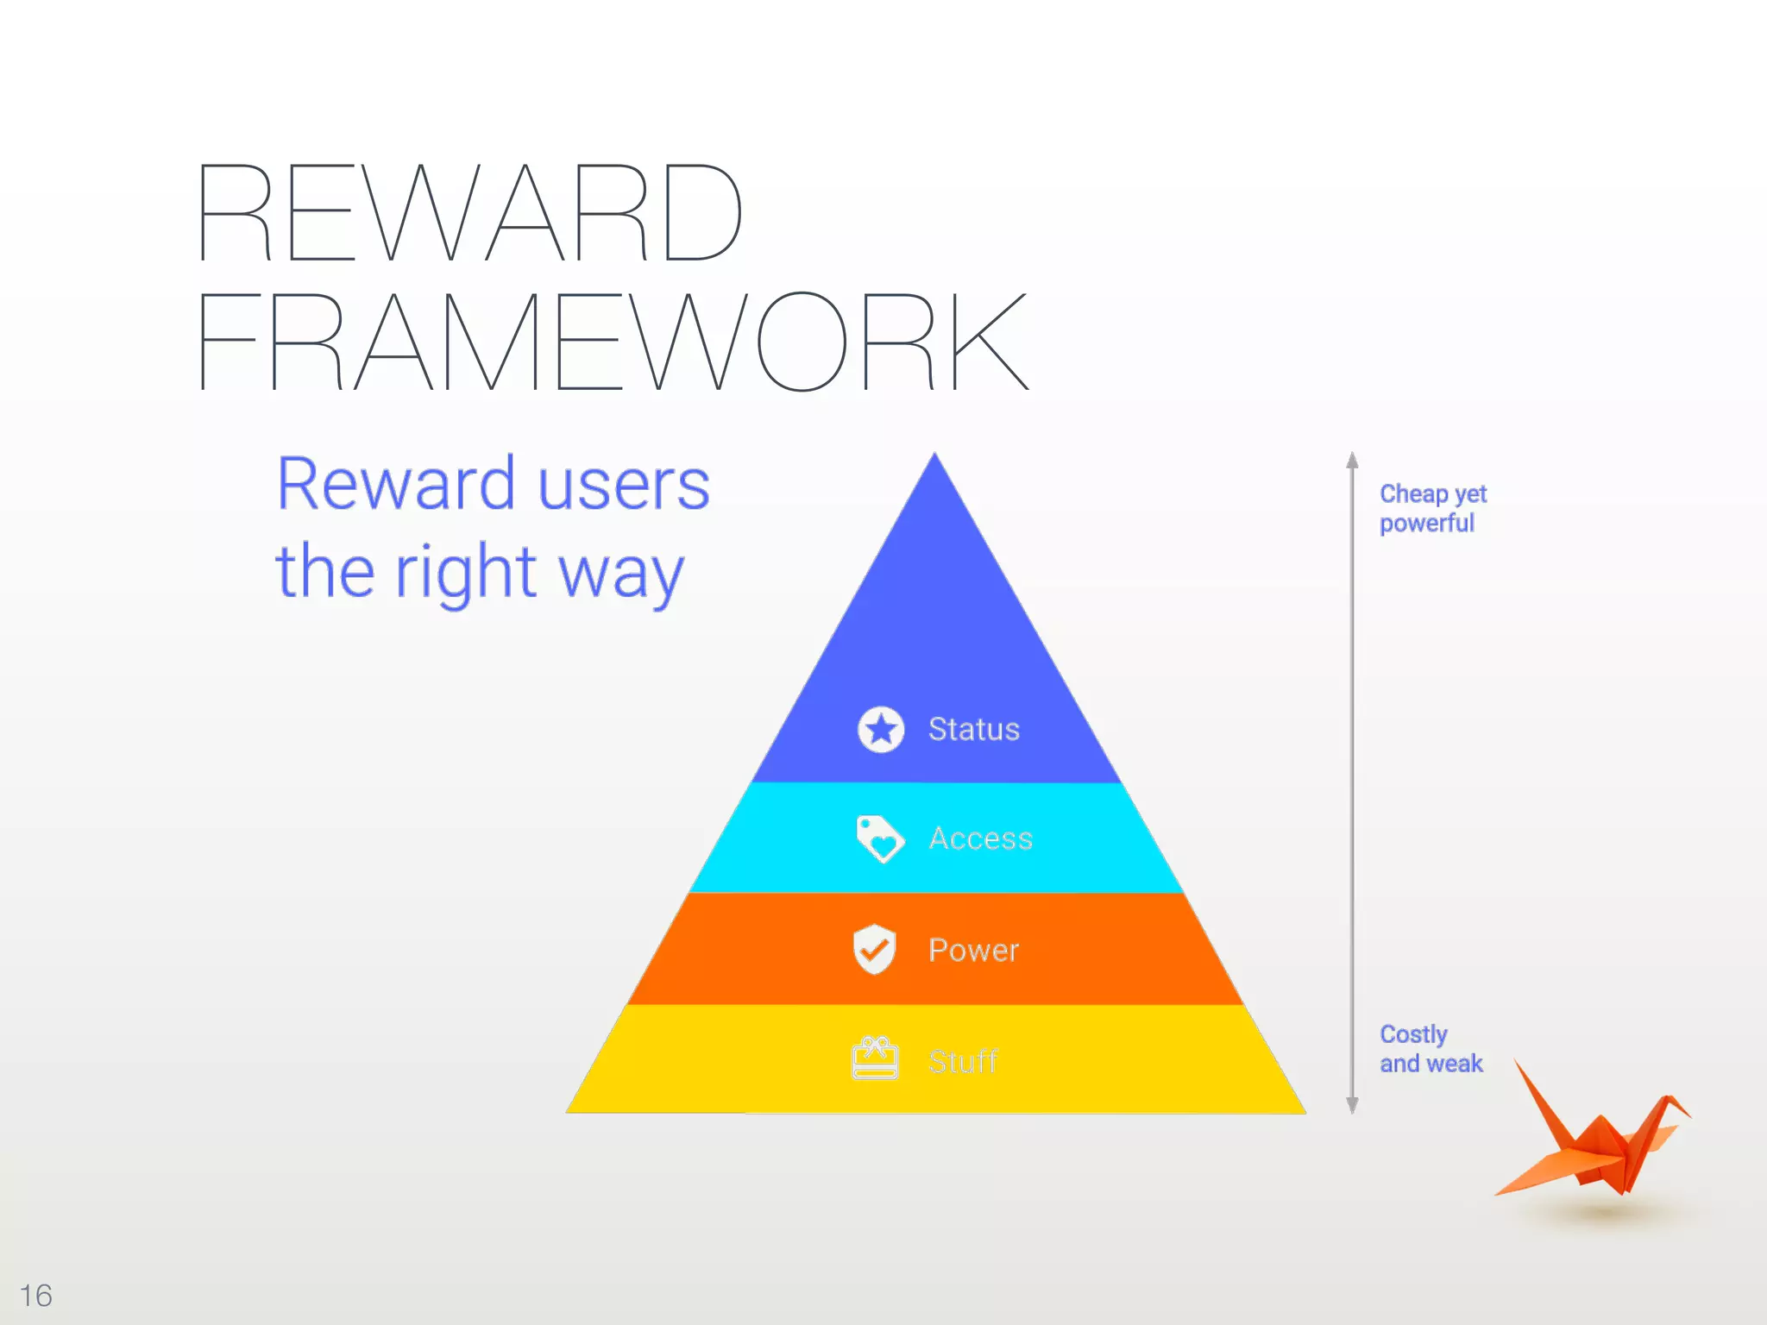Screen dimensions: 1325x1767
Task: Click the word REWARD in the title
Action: (470, 212)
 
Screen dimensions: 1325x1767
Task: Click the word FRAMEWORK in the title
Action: (613, 342)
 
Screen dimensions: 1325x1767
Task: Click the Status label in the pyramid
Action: (973, 730)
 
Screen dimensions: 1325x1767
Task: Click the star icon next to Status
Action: (881, 730)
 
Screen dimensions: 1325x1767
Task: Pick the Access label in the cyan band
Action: (980, 838)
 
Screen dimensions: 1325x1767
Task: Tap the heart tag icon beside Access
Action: (879, 838)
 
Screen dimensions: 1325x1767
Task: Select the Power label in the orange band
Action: (973, 950)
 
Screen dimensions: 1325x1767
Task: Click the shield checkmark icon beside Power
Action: (874, 949)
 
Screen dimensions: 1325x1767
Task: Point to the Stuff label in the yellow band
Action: (962, 1061)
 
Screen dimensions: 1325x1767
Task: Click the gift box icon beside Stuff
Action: (875, 1058)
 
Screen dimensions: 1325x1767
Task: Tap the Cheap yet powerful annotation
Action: (1431, 508)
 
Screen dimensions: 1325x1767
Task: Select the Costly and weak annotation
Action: (1430, 1048)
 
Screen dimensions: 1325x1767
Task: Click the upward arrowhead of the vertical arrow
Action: (1352, 460)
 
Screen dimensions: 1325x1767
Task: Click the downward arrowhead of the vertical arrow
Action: (1352, 1105)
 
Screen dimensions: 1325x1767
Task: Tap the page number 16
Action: (36, 1295)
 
